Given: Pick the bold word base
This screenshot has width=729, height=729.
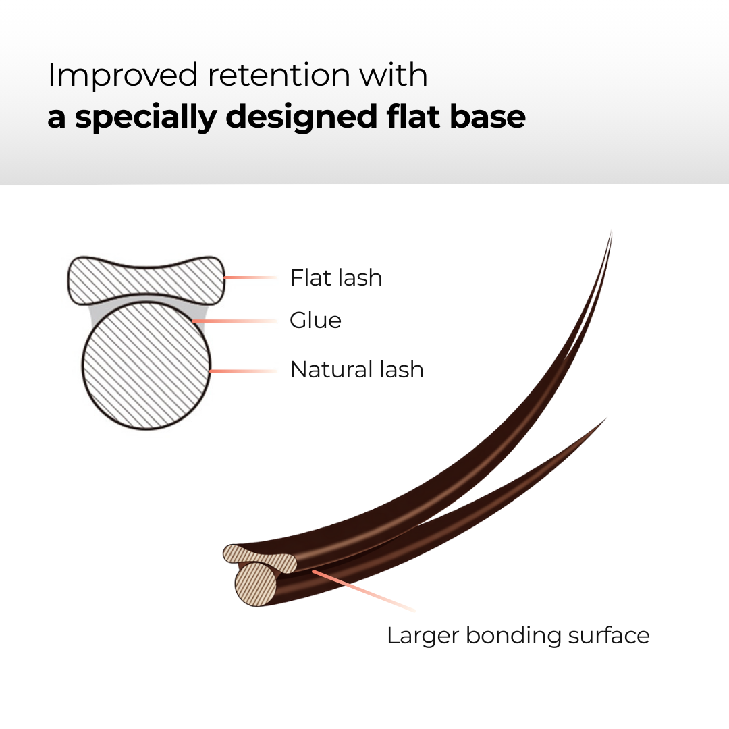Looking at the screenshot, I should coord(489,116).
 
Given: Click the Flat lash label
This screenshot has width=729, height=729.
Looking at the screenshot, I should coord(335,277).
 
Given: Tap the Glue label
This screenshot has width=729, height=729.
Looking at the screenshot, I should coord(315,320).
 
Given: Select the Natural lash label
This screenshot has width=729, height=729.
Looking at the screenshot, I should coord(356,370).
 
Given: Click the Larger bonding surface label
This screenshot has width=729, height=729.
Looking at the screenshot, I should coord(518,636).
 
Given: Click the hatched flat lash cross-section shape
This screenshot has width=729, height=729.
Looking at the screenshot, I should coord(145,279).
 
